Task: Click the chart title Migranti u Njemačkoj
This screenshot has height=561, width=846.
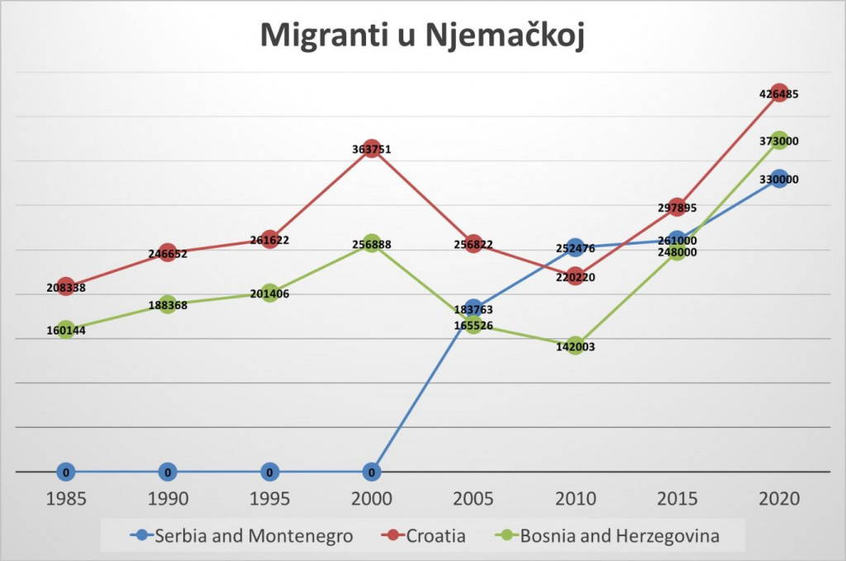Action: coord(422,36)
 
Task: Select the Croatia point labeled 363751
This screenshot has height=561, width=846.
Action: coord(372,150)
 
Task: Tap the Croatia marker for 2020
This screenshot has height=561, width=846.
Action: coord(778,93)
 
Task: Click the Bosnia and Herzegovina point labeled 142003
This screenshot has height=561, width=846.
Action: coord(575,346)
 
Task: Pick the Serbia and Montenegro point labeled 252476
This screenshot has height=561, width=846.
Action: coord(575,247)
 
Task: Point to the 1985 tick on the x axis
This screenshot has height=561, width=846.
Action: coord(66,499)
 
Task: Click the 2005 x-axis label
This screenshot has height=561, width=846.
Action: coord(473,499)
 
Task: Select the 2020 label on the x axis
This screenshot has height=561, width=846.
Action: coord(778,499)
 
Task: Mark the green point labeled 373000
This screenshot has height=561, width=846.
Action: coord(778,141)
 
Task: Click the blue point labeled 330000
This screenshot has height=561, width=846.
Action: coord(778,179)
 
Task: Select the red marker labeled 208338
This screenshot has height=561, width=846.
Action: coord(66,287)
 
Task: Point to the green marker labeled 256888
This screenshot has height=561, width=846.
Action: coord(372,245)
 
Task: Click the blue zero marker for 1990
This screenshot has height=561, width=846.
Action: coord(168,473)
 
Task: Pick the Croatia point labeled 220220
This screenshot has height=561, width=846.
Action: coord(575,277)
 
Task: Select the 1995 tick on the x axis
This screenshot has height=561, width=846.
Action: coord(269,499)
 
